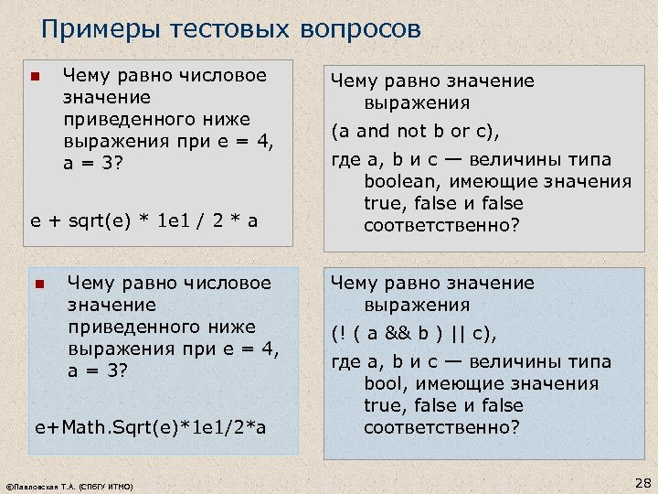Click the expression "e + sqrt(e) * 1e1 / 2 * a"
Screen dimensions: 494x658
coord(145,221)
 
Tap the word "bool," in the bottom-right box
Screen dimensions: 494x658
coord(388,383)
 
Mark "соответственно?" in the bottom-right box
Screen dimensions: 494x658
coord(441,427)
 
